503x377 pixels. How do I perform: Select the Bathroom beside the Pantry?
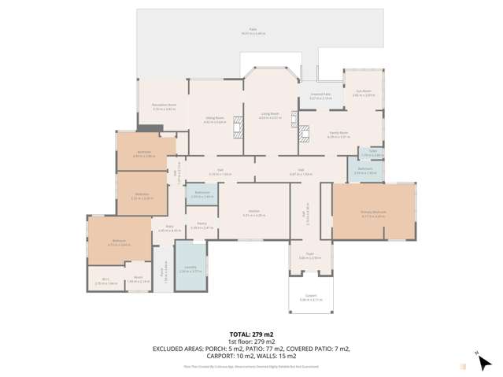point(202,195)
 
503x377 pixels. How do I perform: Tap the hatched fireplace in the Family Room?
point(295,121)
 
